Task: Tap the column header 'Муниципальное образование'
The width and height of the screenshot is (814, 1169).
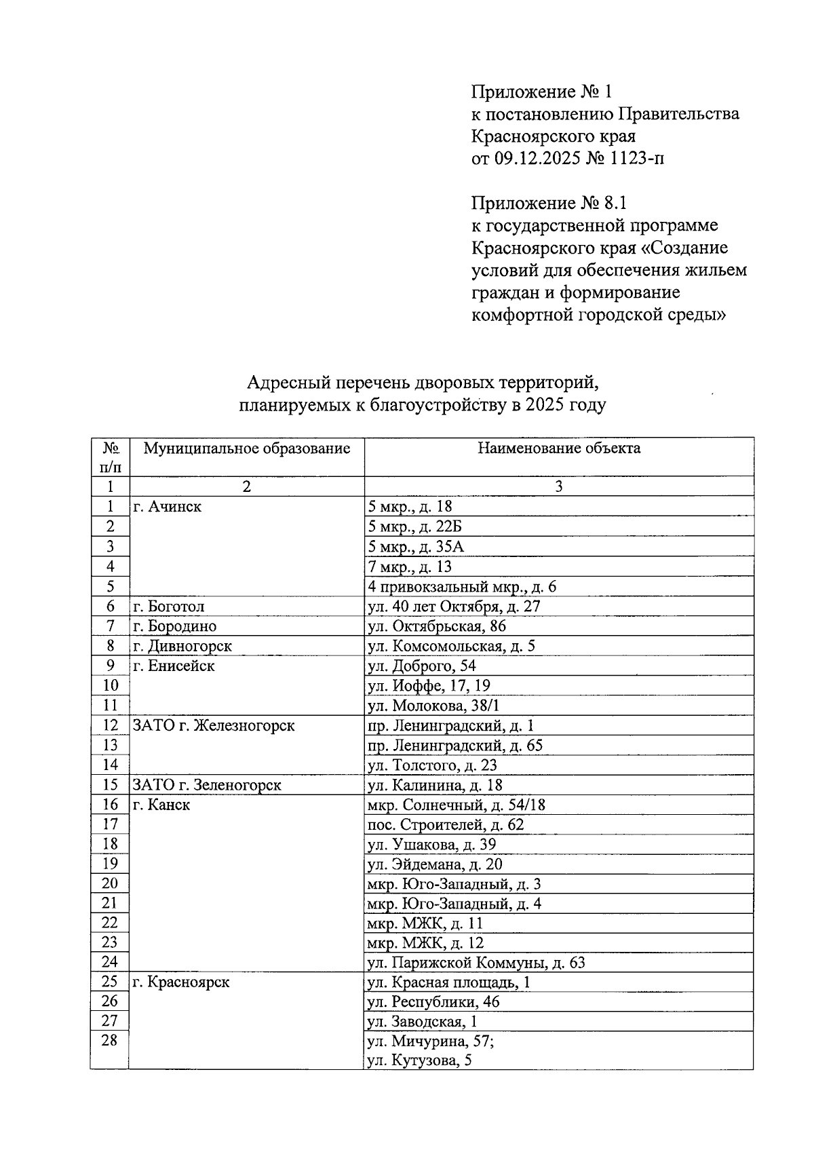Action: (247, 448)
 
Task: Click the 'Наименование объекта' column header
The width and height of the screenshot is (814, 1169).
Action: (559, 448)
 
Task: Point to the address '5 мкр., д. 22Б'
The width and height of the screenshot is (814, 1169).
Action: (414, 526)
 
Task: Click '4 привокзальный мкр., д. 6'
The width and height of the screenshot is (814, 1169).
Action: (461, 586)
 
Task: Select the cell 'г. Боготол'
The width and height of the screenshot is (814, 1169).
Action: (169, 606)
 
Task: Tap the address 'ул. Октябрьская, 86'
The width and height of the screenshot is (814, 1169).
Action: (436, 626)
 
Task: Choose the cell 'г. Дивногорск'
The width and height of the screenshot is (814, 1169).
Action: (182, 646)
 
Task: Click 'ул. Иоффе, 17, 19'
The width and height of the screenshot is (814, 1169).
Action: (428, 685)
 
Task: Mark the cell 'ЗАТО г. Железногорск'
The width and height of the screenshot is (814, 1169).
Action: (214, 725)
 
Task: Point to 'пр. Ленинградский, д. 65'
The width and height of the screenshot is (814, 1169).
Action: (454, 746)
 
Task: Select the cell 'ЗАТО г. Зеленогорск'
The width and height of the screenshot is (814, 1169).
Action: (207, 785)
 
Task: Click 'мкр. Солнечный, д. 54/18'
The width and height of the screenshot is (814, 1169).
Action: (456, 805)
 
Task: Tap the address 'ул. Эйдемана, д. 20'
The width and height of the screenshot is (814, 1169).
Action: (434, 864)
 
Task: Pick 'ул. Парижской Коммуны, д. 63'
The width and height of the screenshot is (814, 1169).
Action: (476, 963)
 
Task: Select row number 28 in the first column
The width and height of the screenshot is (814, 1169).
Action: (109, 1041)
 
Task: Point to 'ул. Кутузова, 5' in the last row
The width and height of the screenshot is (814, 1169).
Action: (419, 1060)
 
